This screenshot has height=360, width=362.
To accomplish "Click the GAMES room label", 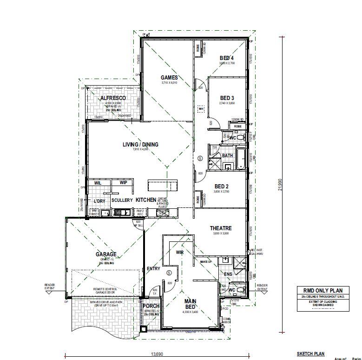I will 169,78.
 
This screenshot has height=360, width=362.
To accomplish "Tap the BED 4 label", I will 227,58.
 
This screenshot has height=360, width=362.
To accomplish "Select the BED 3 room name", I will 227,98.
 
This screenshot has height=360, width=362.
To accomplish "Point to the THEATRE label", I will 221,228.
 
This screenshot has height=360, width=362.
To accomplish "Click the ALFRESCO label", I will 113,98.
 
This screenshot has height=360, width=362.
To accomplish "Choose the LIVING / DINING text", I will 140,145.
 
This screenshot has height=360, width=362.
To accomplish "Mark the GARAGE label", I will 106,254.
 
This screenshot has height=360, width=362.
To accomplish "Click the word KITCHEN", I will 145,200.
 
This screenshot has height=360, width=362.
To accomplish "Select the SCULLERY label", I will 122,200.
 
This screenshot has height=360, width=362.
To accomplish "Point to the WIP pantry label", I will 123,183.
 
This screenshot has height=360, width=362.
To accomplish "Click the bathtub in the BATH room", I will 241,159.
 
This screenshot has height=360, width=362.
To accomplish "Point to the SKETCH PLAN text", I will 310,353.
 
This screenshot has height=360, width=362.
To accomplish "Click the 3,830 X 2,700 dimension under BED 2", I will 221,191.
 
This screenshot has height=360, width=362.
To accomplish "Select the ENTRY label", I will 153,269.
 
